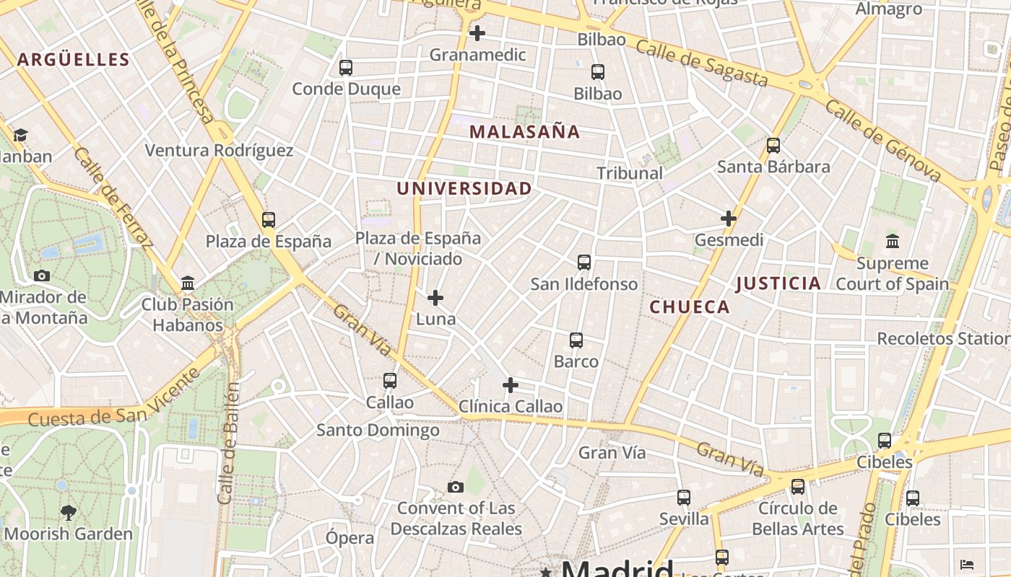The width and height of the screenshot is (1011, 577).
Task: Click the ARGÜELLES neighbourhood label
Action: tap(73, 59)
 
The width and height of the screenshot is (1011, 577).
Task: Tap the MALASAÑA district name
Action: tap(524, 131)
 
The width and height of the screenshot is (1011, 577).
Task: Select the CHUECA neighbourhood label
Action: tap(690, 307)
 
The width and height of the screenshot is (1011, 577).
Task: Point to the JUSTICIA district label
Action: tap(778, 283)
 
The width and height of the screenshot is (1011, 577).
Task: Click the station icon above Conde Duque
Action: tap(346, 68)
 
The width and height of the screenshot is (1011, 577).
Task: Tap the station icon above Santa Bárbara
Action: tap(773, 146)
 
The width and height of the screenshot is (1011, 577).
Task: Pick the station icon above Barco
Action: tap(576, 340)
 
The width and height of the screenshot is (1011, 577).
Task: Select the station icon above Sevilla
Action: tap(684, 498)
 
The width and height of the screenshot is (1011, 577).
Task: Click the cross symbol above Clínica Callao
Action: tap(511, 385)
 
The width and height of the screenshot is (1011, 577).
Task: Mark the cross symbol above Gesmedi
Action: tap(729, 218)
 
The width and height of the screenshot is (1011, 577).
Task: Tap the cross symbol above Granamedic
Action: tap(477, 33)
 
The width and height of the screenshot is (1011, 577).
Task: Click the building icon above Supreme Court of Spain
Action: tap(892, 242)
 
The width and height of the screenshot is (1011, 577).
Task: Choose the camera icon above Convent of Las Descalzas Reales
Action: tap(455, 488)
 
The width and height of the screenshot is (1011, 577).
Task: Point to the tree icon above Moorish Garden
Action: tap(69, 513)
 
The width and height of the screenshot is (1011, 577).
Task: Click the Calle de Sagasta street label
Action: tap(701, 63)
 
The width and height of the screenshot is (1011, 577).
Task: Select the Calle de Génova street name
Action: tap(883, 140)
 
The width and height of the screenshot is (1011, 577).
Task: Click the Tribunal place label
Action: tap(630, 173)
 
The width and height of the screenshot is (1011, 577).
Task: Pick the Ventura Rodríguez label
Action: tap(219, 150)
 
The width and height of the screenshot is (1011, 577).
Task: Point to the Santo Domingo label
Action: tap(378, 430)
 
